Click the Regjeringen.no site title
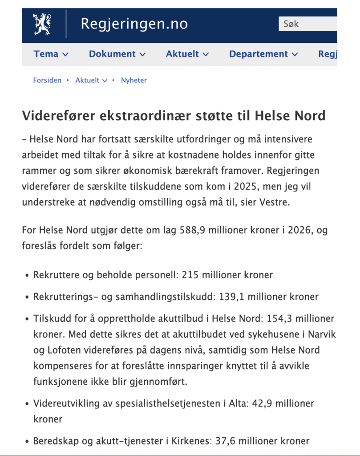[134, 24]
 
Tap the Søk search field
[307, 24]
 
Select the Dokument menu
[117, 54]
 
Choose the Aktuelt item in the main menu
[187, 54]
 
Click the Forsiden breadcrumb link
[47, 81]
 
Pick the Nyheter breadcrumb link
[134, 81]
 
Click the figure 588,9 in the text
[193, 231]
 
